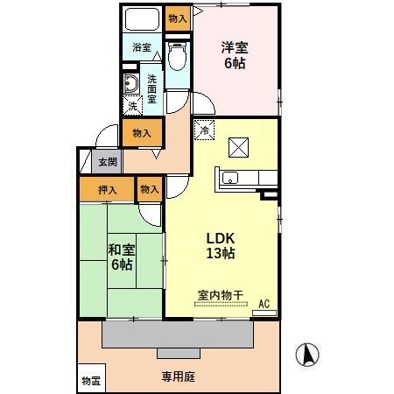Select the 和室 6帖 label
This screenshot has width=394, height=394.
pos(121,256)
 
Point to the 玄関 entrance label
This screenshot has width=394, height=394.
pos(107,161)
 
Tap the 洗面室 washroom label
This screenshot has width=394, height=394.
pos(151,88)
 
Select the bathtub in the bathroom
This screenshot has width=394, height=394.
pos(140,19)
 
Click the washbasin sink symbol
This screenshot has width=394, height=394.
pos(131,84)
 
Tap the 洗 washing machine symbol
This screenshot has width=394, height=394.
pos(132,106)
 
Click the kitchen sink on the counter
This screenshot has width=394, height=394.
pos(233,178)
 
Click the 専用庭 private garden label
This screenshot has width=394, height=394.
pos(178,378)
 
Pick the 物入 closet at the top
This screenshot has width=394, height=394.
pos(177,18)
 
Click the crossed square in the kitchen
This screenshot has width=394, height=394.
pos(238,145)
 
